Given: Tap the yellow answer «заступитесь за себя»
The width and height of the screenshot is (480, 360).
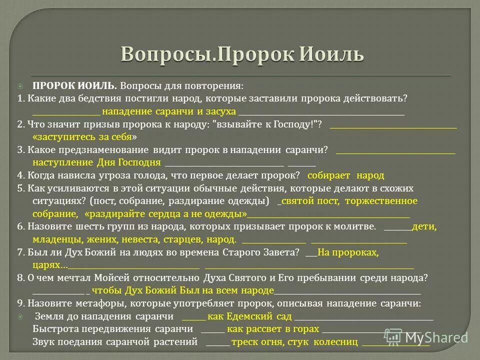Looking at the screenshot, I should point(84,136).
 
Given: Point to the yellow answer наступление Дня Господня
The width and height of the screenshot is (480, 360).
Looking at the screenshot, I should point(96,162).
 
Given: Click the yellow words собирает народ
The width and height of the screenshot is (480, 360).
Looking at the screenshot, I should point(345,175).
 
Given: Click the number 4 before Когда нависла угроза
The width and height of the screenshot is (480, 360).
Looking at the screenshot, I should point(20,175).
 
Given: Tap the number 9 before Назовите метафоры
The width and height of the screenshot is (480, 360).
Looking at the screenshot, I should point(20,303).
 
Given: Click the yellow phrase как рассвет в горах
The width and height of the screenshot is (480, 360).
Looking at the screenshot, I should point(272,329).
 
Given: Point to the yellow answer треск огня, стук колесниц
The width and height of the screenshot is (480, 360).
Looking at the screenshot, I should point(294,342).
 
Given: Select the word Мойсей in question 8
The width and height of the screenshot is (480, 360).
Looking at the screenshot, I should point(111,277).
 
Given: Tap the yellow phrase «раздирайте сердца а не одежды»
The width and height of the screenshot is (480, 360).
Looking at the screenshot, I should point(166,214).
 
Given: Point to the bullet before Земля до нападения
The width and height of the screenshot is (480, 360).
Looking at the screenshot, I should point(20,316).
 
